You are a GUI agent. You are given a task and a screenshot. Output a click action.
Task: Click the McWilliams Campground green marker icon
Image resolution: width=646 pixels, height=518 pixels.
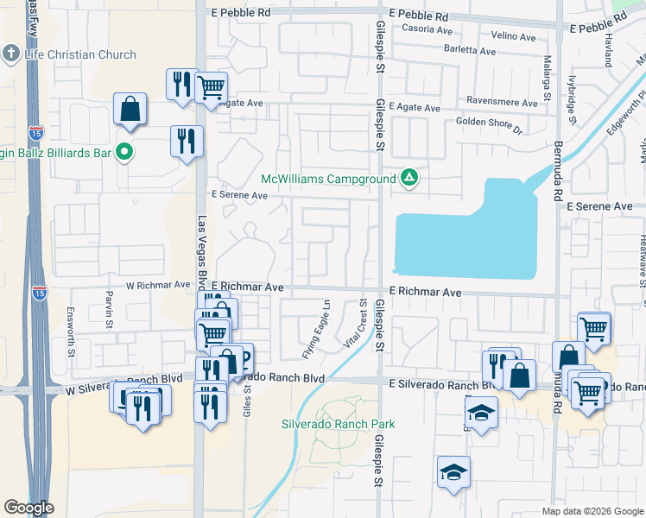[x=409, y=179]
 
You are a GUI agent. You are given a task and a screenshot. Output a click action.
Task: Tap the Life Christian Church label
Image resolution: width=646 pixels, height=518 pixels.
[x=80, y=54]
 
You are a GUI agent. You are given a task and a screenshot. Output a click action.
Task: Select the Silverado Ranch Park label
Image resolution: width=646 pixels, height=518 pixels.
[x=338, y=424]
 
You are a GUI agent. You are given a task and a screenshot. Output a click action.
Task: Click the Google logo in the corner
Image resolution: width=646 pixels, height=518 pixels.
[x=28, y=508]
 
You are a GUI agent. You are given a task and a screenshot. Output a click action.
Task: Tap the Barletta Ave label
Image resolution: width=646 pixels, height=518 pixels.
[x=470, y=51]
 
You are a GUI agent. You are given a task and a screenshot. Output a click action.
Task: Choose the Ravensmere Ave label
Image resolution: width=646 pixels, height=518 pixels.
[x=502, y=102]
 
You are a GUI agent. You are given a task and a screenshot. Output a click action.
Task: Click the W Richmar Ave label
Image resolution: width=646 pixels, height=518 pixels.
[x=158, y=284]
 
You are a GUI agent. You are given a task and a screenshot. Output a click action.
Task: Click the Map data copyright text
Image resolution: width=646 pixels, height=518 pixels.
[x=592, y=511]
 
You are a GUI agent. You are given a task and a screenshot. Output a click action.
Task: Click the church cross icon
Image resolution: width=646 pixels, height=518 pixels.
[x=11, y=54]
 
